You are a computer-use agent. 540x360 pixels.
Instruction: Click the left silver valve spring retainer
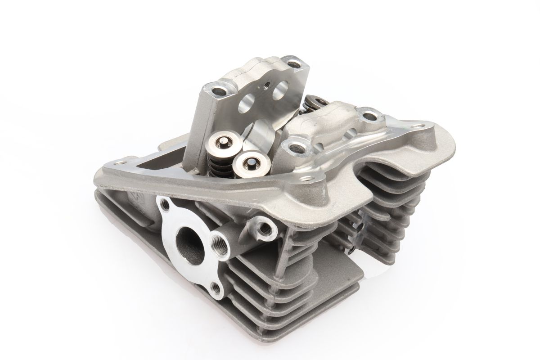click(x=219, y=144)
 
